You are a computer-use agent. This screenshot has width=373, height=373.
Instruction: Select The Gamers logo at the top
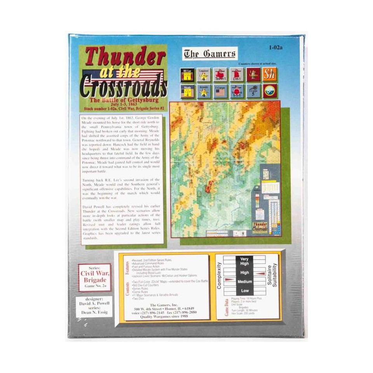click(x=209, y=54)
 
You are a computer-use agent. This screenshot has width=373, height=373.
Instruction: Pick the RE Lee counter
click(x=187, y=74)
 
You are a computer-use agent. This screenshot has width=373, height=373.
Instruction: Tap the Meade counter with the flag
click(x=187, y=91)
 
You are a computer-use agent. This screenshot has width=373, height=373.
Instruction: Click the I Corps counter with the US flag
click(x=220, y=91)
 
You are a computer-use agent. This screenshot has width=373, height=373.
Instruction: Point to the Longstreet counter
click(x=204, y=74)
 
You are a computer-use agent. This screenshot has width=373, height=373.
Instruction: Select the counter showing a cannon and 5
click(x=253, y=91)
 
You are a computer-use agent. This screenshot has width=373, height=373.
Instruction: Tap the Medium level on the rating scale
click(x=244, y=281)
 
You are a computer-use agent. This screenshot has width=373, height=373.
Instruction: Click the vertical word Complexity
click(x=219, y=275)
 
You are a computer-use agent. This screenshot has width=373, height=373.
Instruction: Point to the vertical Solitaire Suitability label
click(x=272, y=275)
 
